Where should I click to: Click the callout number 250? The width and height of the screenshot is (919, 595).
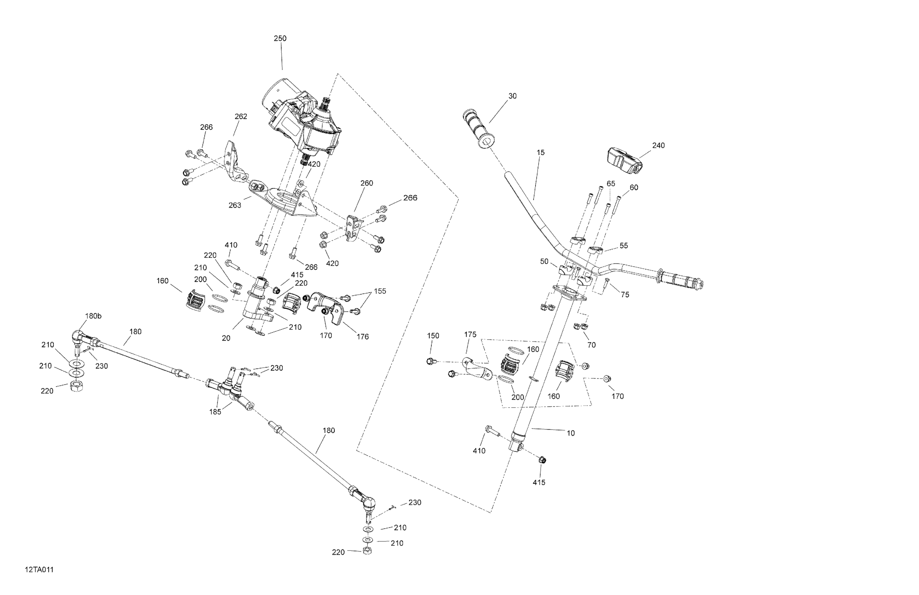pos(280,39)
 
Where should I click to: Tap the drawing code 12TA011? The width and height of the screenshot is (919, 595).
pos(39,570)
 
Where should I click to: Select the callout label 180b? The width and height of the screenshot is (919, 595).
pos(93,316)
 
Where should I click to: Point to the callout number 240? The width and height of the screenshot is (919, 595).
pos(658,146)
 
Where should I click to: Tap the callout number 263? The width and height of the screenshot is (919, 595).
pos(235,205)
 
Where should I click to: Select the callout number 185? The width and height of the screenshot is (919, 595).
pos(215,412)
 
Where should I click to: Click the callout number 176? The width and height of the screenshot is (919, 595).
pos(363,337)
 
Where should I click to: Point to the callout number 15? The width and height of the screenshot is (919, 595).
pos(541,153)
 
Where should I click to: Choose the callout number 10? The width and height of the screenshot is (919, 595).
pos(571,433)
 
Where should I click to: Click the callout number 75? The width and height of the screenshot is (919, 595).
pos(625,295)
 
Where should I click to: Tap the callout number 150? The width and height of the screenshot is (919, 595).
pos(433,336)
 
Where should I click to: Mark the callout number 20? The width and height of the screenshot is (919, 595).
pos(226,338)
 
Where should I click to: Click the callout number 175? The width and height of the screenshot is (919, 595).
pos(470,334)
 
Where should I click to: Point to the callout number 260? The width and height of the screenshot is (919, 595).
pos(366,183)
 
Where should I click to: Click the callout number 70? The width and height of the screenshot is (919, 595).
pos(591,345)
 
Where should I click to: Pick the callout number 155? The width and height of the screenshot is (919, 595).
pos(380,291)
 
